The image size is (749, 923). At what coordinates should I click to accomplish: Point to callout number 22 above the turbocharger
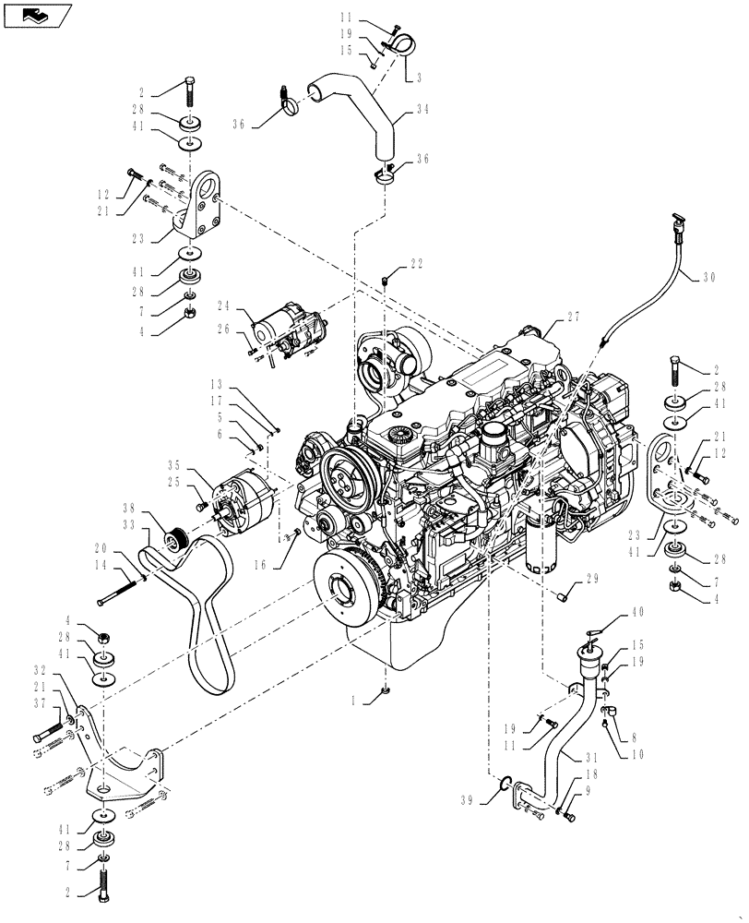click(x=417, y=263)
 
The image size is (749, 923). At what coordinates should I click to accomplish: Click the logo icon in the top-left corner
click(x=38, y=14)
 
